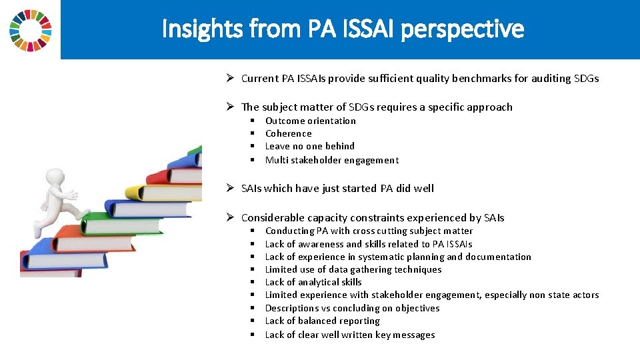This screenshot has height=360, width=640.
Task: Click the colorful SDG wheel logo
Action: [x=30, y=30]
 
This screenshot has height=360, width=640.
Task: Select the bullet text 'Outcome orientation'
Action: [x=310, y=121]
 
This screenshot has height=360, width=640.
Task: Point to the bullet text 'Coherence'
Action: [x=288, y=133]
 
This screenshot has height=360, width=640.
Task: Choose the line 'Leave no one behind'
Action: [x=309, y=146]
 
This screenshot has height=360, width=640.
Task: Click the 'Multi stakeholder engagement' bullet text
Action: [x=331, y=160]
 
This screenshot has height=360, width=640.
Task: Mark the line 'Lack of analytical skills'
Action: [x=313, y=282]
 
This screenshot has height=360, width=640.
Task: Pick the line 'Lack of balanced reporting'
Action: [x=322, y=321]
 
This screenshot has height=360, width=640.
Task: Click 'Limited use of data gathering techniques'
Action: [x=353, y=269]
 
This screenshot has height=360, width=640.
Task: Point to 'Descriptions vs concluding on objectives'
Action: [x=352, y=308]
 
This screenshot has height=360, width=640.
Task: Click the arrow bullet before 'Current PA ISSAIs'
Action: [x=229, y=78]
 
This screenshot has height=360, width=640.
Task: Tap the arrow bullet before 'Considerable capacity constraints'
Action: [x=229, y=217]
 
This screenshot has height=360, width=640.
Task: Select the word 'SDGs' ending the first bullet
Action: [x=586, y=78]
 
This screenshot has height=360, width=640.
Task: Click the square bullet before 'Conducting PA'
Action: [x=253, y=231]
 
